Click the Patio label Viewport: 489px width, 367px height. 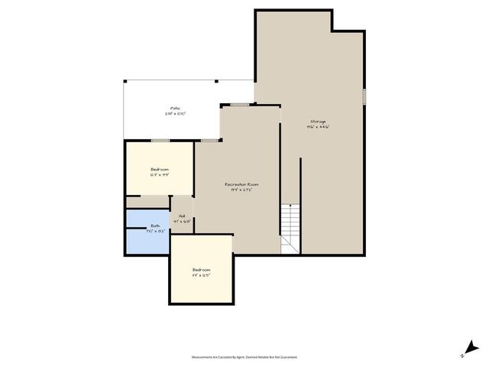pos(176,109)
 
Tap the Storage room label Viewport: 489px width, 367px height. pos(318,122)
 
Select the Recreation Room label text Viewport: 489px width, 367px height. pos(241,184)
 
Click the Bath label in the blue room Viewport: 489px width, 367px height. pos(155,226)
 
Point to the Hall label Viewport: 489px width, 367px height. pos(183,216)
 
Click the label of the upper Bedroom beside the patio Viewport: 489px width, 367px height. pos(160,169)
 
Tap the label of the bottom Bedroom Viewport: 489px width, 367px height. pos(201,270)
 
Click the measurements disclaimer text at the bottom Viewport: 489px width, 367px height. pos(244,356)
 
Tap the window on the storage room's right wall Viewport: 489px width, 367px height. pos(364,96)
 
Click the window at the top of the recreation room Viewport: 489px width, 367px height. pos(239,104)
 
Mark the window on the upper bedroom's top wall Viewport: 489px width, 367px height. pos(160,141)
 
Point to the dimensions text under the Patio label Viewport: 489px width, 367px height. pos(176,114)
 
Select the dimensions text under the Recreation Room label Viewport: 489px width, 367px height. pos(241,190)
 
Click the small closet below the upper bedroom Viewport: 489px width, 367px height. pos(147,201)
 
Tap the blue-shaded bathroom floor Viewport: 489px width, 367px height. pos(145,237)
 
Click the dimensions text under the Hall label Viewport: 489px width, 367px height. pos(183,222)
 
